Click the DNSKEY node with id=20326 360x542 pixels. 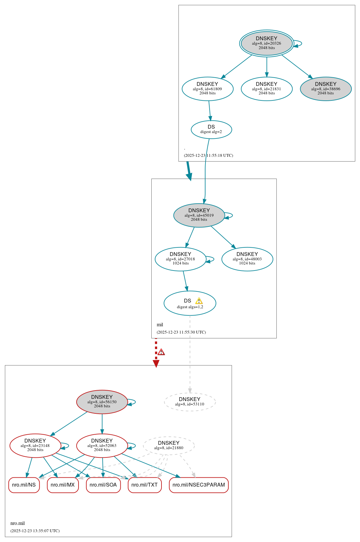point(266,43)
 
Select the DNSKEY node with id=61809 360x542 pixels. point(207,89)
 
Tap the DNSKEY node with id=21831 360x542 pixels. point(266,89)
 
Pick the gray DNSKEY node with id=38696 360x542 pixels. point(325,89)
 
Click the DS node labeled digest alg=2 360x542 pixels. point(211,129)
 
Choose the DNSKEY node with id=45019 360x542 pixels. point(199,215)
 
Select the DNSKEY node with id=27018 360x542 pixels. point(180,259)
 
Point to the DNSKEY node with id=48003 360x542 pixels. point(247,259)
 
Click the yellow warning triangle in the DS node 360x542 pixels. point(199,301)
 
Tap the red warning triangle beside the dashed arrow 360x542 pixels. point(161,352)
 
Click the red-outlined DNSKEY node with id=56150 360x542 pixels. point(102,402)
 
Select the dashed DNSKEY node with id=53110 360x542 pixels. point(190,402)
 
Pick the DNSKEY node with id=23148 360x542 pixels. point(35,445)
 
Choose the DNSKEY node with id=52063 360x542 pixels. point(102,445)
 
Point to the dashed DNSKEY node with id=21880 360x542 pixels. point(168,445)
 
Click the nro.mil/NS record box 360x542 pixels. point(24,485)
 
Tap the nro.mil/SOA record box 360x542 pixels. point(103,485)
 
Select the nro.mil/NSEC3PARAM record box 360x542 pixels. point(199,485)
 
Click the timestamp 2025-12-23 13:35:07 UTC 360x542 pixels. point(35,531)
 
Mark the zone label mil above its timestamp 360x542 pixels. point(160,325)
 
